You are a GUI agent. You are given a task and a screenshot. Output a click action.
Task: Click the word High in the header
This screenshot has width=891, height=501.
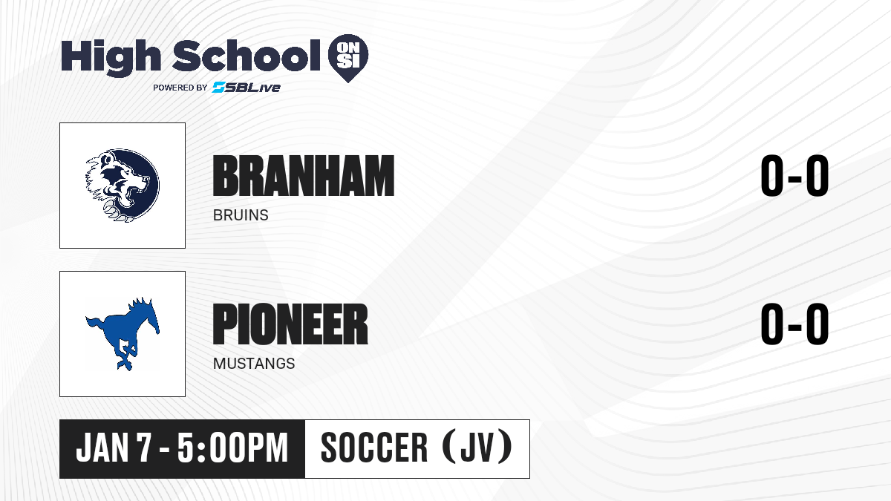coord(111,58)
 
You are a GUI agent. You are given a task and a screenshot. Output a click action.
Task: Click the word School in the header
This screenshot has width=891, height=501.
coord(247,56)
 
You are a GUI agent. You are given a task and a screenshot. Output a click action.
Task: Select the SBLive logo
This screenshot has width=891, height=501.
coord(246,88)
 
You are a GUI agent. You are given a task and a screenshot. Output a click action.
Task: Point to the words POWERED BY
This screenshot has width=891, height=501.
coord(180,88)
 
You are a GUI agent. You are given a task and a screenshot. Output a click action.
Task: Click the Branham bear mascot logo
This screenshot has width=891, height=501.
coord(123,186)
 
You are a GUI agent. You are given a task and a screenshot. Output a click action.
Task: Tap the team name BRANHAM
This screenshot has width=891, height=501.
coord(304,176)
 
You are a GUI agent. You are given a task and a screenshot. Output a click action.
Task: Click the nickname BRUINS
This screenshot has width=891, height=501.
coord(241,215)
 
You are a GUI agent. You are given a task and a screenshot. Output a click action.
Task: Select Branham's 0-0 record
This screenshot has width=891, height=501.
coord(794,176)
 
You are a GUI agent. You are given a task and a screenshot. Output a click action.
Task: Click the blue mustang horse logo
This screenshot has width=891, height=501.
coord(123,334)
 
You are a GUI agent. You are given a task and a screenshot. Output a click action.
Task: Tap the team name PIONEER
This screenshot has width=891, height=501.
coord(290,324)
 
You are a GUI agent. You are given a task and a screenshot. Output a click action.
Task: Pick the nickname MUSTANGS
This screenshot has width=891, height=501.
coord(254,364)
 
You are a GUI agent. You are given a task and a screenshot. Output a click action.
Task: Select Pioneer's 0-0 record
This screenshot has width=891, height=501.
coord(794,324)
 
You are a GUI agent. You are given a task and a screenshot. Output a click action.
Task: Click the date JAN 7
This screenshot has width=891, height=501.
coord(114,448)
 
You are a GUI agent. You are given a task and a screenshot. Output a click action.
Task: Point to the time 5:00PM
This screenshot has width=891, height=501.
coord(232,448)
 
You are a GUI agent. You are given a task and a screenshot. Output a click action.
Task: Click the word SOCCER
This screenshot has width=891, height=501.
coord(374,448)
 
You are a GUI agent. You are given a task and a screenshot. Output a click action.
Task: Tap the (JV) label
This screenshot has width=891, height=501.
coord(477,448)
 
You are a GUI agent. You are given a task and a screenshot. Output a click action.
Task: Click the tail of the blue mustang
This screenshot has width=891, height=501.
coord(96,323)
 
